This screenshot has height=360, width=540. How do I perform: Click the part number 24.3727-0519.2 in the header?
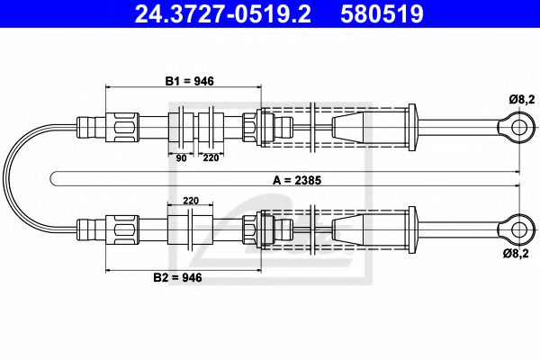222,13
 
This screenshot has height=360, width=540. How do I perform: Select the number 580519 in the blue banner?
382,13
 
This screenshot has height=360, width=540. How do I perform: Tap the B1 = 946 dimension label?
189,81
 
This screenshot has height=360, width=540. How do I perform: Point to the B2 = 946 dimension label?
177,277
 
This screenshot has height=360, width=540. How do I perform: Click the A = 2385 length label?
297,180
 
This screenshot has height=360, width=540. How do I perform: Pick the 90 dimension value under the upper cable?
181,158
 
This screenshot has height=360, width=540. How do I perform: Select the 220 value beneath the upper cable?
211,157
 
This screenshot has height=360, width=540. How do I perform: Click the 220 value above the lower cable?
191,201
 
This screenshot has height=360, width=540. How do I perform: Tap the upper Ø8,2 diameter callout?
522,100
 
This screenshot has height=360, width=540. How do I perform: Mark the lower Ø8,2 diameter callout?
516,254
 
